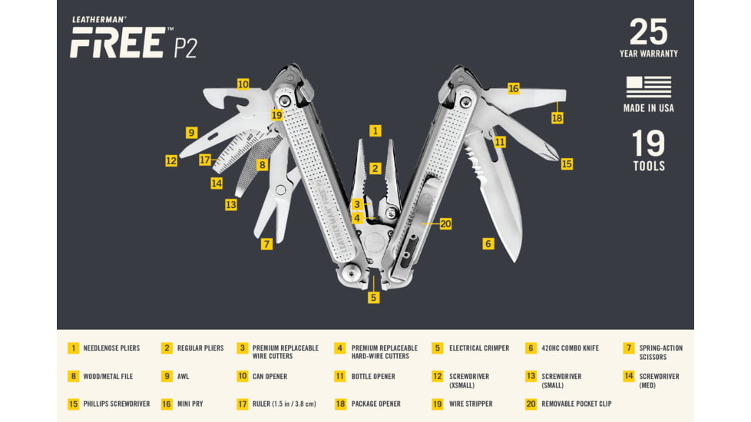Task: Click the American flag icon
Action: (x=648, y=87)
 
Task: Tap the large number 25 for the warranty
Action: (x=649, y=32)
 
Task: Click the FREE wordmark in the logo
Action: (x=116, y=44)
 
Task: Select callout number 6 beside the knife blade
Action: (x=488, y=244)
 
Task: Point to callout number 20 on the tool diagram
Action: (x=445, y=224)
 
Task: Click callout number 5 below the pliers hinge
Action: (x=374, y=297)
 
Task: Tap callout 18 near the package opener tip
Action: (x=557, y=118)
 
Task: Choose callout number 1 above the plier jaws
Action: (x=375, y=131)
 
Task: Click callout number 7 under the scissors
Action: (x=266, y=244)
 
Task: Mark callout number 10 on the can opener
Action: (x=243, y=84)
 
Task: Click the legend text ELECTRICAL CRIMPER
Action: (x=479, y=348)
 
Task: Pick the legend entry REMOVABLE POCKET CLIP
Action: (x=577, y=404)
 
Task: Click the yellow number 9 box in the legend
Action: (x=167, y=376)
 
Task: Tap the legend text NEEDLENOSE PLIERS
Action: (x=111, y=348)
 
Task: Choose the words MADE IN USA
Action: (x=648, y=108)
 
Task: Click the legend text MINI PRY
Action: (x=190, y=404)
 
